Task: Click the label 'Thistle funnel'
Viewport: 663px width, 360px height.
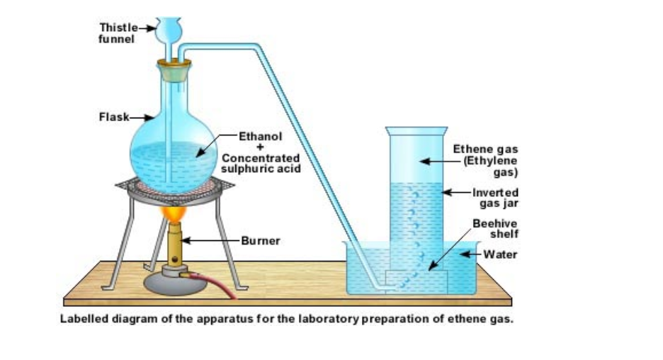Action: click(x=116, y=33)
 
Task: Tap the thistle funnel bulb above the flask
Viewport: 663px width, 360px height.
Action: click(x=169, y=30)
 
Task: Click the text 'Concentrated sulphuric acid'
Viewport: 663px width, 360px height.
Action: click(x=261, y=163)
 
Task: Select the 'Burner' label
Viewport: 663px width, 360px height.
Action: click(x=261, y=241)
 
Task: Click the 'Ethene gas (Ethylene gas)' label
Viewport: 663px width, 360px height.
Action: click(x=485, y=161)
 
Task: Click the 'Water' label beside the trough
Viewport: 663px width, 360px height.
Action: click(x=500, y=254)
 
